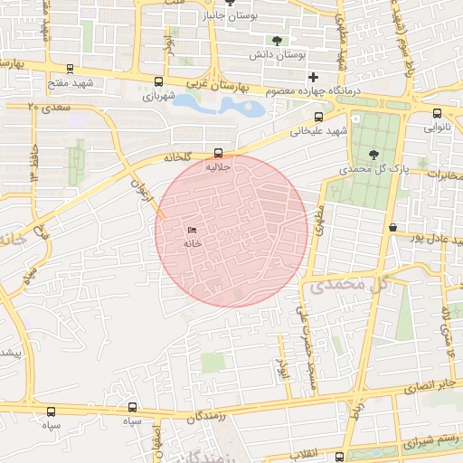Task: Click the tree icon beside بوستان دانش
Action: coord(277,41)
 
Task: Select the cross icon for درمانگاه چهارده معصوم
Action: coord(313,77)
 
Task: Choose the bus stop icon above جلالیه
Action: coord(218,153)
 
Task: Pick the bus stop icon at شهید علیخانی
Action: coord(317,117)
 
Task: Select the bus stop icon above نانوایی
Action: coord(438,114)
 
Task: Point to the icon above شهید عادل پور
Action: coord(392,227)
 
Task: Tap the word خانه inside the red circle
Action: coord(191,242)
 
